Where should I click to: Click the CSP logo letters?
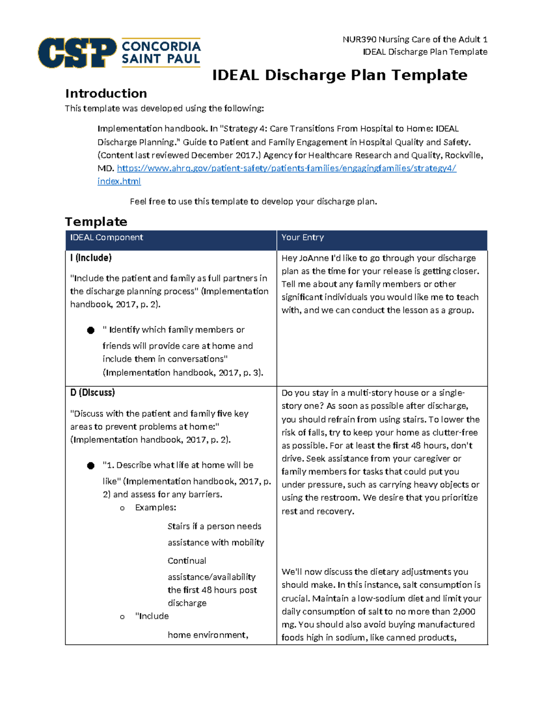[77, 53]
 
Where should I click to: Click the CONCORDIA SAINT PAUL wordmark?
[161, 53]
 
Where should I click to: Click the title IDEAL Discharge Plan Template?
[340, 75]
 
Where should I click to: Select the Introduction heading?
[106, 94]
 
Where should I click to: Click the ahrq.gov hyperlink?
[286, 168]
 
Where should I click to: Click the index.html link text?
[119, 181]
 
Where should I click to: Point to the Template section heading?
[96, 222]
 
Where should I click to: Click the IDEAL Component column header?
[106, 237]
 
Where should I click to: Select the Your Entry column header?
[302, 237]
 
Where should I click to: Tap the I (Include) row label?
[91, 258]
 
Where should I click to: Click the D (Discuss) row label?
[93, 393]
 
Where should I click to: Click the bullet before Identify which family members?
[91, 330]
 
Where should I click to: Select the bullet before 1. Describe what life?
[91, 466]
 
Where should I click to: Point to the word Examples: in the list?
[155, 508]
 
